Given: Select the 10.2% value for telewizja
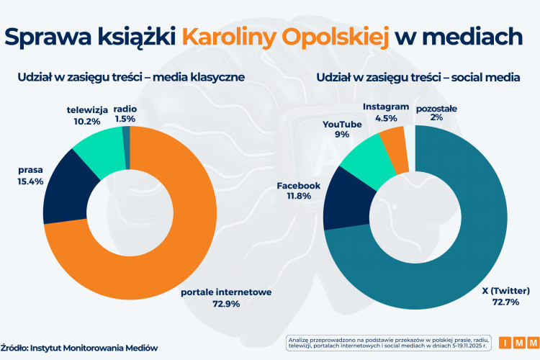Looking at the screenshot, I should (86, 121).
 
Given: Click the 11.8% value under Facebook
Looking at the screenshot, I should (298, 197).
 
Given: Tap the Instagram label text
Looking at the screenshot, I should (386, 107).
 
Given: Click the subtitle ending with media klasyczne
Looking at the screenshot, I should (132, 76).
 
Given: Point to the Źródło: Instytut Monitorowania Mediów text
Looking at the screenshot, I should (78, 347).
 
